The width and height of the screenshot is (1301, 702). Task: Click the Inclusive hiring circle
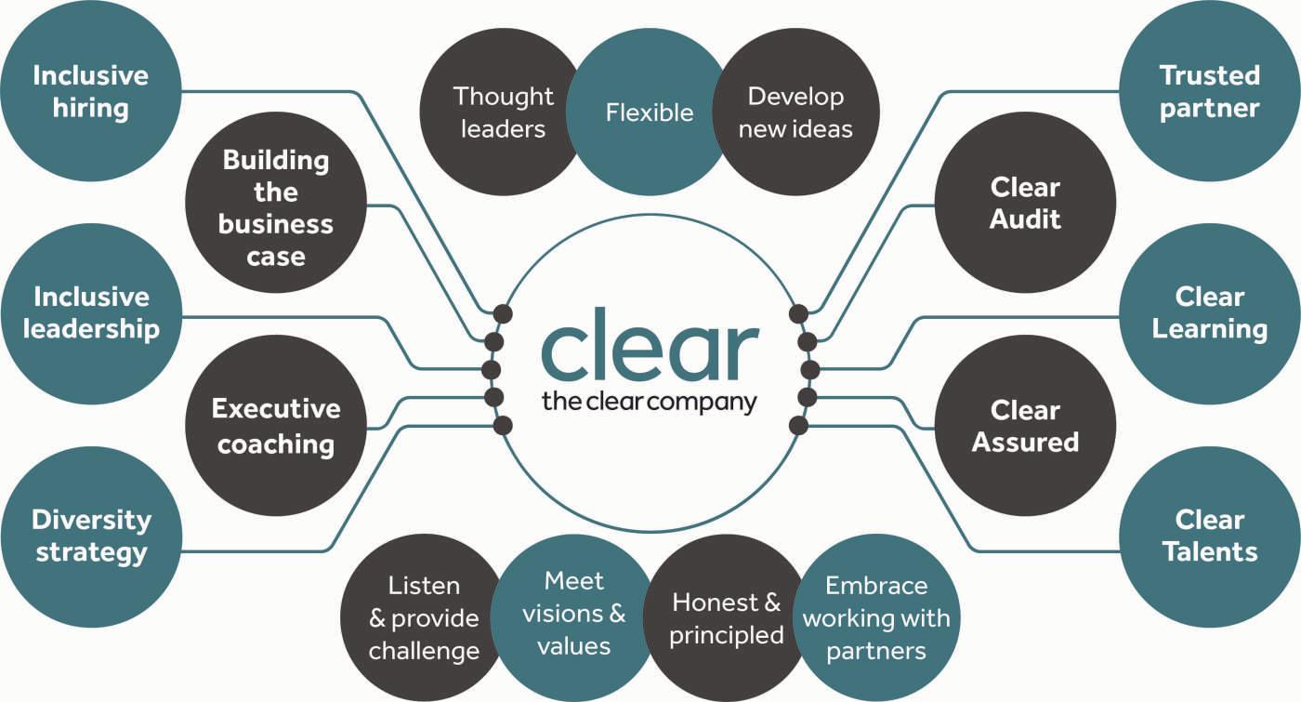coord(90,91)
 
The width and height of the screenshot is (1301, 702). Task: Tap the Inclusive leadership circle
coord(90,313)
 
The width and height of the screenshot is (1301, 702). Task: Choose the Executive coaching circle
coord(276,425)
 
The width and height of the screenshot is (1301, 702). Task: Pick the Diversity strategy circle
coord(90,536)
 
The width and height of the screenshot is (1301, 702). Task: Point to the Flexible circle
coord(649,113)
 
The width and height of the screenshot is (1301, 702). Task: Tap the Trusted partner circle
coord(1210,91)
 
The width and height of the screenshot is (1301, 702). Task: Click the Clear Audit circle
coord(1025,204)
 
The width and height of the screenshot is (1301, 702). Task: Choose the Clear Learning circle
coord(1210,313)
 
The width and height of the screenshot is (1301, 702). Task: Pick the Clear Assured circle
coord(1025,425)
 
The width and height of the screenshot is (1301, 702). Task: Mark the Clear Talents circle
coord(1210,536)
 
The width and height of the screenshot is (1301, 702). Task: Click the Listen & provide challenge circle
coord(423,617)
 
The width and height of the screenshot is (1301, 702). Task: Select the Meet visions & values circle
coord(573,614)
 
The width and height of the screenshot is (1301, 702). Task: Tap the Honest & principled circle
coord(725,617)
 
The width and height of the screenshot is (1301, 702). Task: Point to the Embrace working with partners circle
coord(876,617)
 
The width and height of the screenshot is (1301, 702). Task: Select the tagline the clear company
coord(650,403)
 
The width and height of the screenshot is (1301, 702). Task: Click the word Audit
coord(1025,220)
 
